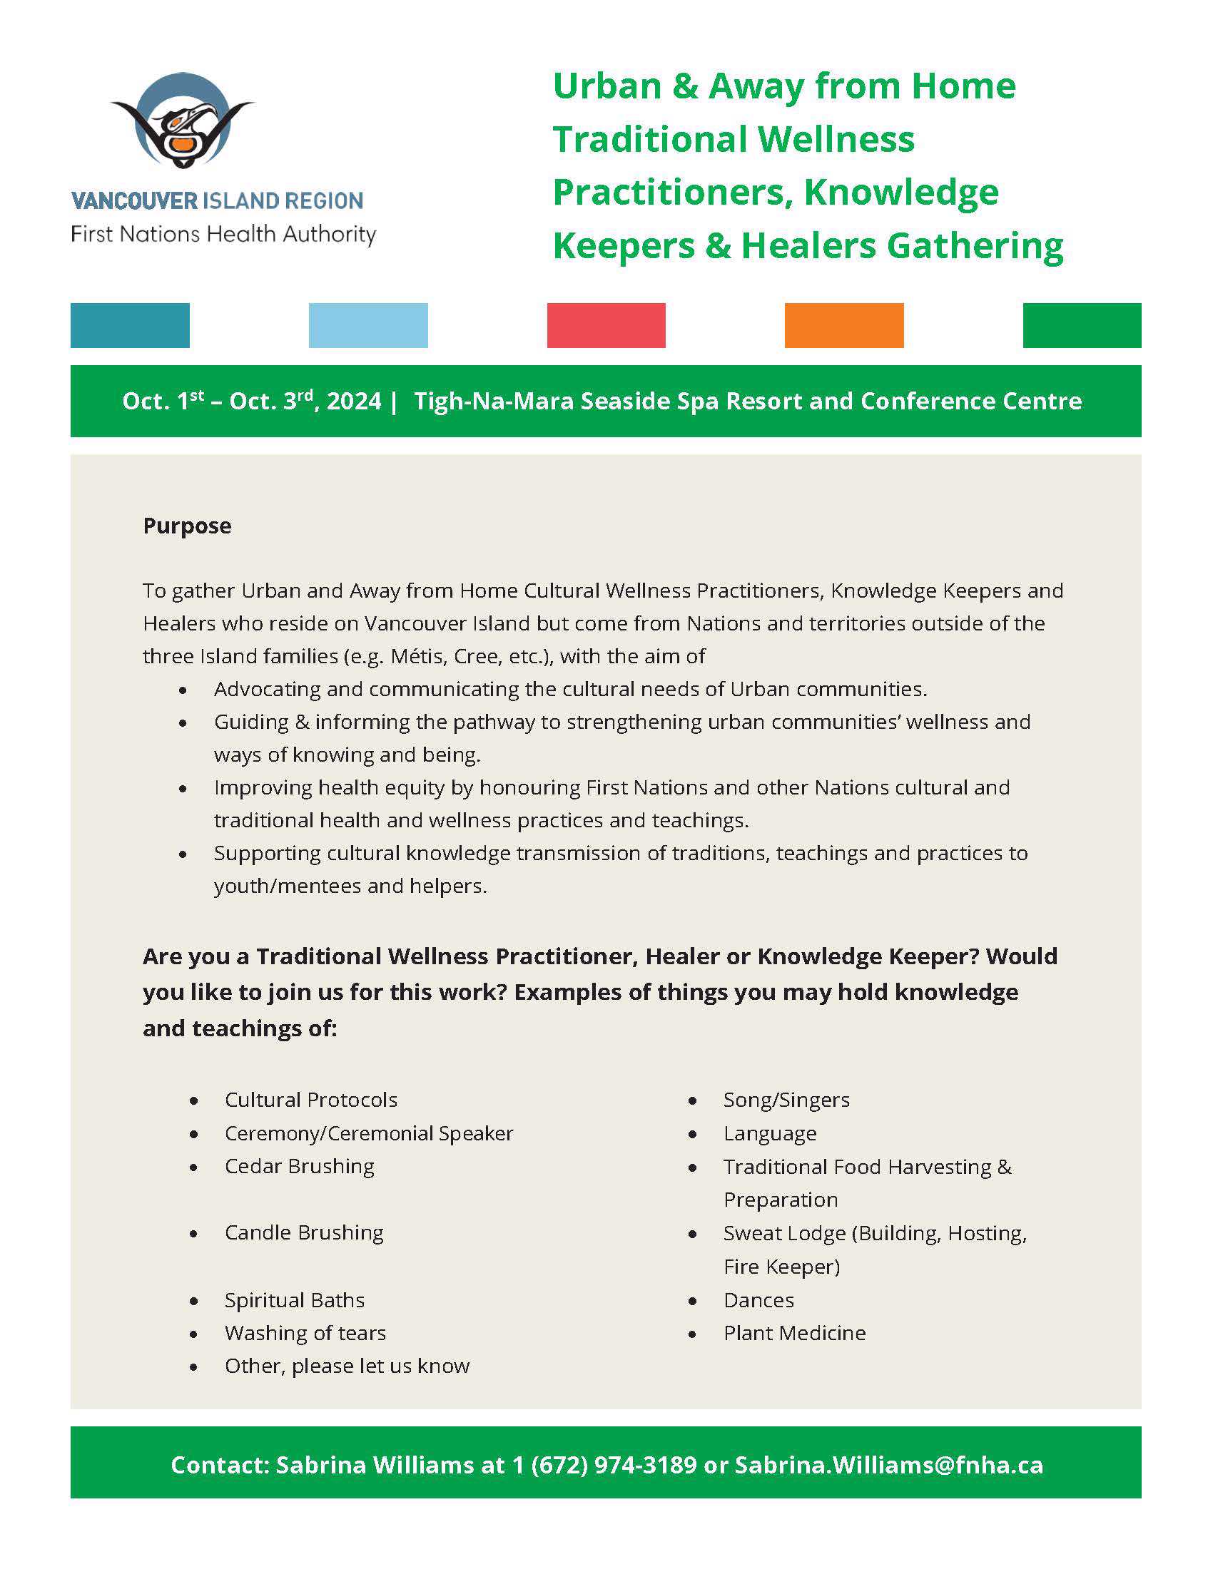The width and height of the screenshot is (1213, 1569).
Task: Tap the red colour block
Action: click(x=606, y=325)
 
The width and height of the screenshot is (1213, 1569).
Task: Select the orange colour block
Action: click(x=843, y=325)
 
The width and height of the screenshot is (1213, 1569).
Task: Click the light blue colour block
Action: click(x=368, y=325)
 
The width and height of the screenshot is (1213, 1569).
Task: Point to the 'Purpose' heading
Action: click(x=187, y=526)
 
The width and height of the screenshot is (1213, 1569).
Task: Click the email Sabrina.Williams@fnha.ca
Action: click(x=888, y=1465)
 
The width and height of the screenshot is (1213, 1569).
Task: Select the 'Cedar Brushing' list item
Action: click(x=299, y=1166)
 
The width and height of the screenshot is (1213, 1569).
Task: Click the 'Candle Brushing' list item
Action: click(x=304, y=1232)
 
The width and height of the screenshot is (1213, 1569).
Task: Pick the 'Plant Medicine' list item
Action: click(x=794, y=1333)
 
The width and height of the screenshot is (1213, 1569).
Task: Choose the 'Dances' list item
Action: click(x=758, y=1299)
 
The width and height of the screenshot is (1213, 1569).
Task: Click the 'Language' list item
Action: click(x=770, y=1133)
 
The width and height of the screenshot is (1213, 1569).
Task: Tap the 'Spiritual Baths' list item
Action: click(x=295, y=1299)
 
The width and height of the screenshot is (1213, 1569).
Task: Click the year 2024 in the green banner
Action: click(x=353, y=401)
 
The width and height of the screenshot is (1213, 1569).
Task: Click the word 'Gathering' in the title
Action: click(x=975, y=246)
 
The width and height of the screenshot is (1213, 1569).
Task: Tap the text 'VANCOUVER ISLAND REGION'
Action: click(x=217, y=200)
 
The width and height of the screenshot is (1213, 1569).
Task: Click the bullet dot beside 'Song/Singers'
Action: click(x=693, y=1100)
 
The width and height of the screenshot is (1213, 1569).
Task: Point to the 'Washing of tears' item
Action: click(x=305, y=1333)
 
